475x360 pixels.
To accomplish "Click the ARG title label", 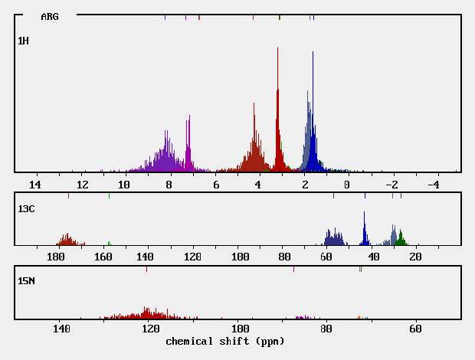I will coord(49,16).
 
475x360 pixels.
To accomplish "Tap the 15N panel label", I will coord(27,281).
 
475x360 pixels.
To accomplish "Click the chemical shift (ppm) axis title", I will coord(224,340).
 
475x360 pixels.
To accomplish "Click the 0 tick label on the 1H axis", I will coord(347,185).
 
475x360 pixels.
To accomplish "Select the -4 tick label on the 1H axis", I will coord(432,185).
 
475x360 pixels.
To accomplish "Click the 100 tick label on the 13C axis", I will coord(241,257).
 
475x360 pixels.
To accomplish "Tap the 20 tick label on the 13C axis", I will coord(415,257).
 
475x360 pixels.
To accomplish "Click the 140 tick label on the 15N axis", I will coord(61,329).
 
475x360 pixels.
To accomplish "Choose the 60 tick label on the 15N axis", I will coord(415,329).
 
